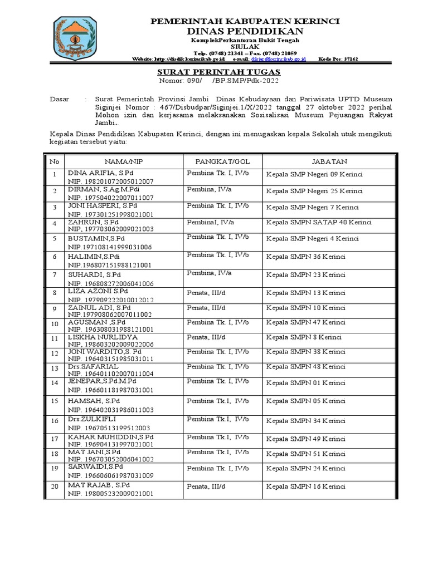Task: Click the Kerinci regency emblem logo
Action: tap(75, 39)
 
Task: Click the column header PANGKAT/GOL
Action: tap(217, 161)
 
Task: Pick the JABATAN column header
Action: tap(330, 161)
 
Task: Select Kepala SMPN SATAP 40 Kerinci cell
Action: tap(319, 223)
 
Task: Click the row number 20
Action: tap(54, 488)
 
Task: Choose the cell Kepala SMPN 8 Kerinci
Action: tap(304, 338)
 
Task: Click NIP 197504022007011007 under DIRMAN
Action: tap(111, 198)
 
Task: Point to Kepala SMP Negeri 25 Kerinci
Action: tap(314, 191)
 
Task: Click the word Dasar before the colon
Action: tap(60, 99)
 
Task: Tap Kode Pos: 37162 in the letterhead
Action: tap(338, 58)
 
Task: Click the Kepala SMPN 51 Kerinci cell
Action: tap(306, 454)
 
